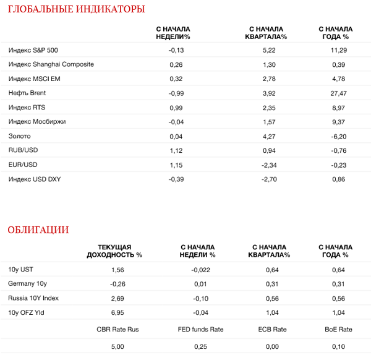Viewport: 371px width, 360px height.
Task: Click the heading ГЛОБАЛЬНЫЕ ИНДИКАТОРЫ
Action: [x=76, y=9]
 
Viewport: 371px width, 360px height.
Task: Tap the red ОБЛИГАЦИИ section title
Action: [x=38, y=230]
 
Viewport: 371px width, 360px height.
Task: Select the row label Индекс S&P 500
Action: [x=34, y=50]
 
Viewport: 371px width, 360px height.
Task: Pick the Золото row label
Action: [x=19, y=135]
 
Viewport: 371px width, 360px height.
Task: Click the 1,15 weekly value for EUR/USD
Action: [x=177, y=164]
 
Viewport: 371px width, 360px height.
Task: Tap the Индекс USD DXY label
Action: [x=35, y=179]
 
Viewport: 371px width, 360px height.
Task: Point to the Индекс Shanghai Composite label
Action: [x=51, y=64]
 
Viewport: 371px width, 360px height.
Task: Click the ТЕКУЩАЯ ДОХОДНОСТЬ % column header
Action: [x=114, y=251]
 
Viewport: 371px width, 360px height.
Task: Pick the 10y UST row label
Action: [x=21, y=270]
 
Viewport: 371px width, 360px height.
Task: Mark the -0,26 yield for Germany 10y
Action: [x=117, y=284]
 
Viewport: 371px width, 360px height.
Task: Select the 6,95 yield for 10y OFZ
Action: [x=117, y=312]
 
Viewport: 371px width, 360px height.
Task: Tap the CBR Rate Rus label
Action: [x=117, y=330]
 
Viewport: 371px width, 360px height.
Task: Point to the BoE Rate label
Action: [x=338, y=330]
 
